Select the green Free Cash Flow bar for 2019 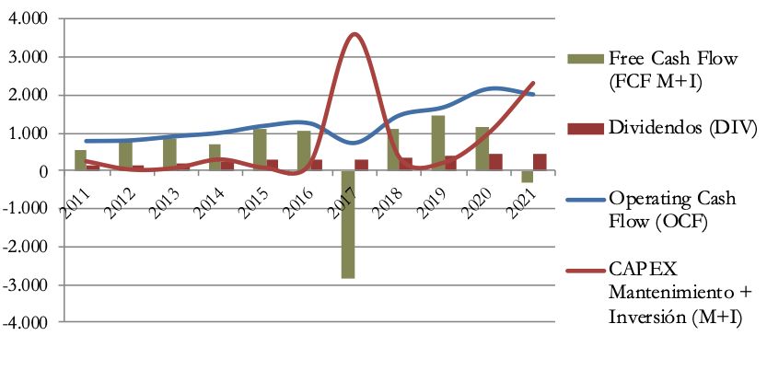click(438, 143)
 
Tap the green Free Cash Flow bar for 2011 click(80, 160)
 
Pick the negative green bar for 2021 click(528, 177)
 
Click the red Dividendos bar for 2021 click(540, 162)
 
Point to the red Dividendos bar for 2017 click(361, 165)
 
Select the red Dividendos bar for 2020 click(495, 162)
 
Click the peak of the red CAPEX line click(354, 35)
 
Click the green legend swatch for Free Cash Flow click(593, 60)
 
